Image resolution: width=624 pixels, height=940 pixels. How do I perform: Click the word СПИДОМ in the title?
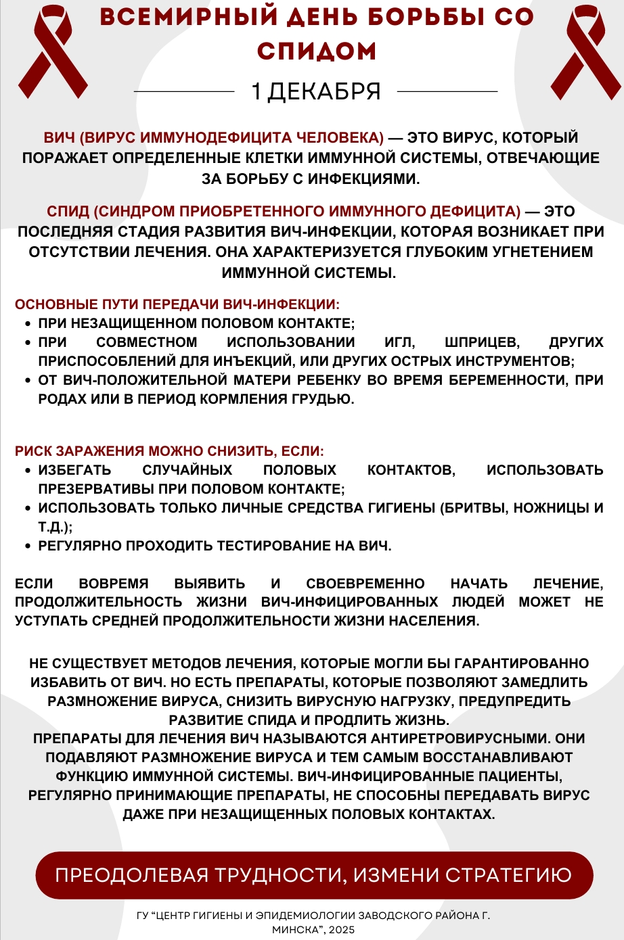coord(317,51)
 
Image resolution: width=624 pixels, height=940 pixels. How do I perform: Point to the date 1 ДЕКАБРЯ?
coord(316,91)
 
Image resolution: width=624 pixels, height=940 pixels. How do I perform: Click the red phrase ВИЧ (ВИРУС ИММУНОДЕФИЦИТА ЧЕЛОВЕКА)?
coord(214,138)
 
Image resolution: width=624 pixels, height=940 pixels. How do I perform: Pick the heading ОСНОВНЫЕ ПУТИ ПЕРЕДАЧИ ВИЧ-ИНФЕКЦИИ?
coord(177,305)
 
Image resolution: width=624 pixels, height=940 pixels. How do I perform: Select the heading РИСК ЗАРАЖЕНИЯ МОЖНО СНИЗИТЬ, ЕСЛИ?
coord(169,451)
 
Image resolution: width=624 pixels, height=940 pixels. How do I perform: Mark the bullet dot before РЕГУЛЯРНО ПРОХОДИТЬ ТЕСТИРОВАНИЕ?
coord(28,546)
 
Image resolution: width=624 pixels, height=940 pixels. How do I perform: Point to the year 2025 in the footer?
coord(342,930)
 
